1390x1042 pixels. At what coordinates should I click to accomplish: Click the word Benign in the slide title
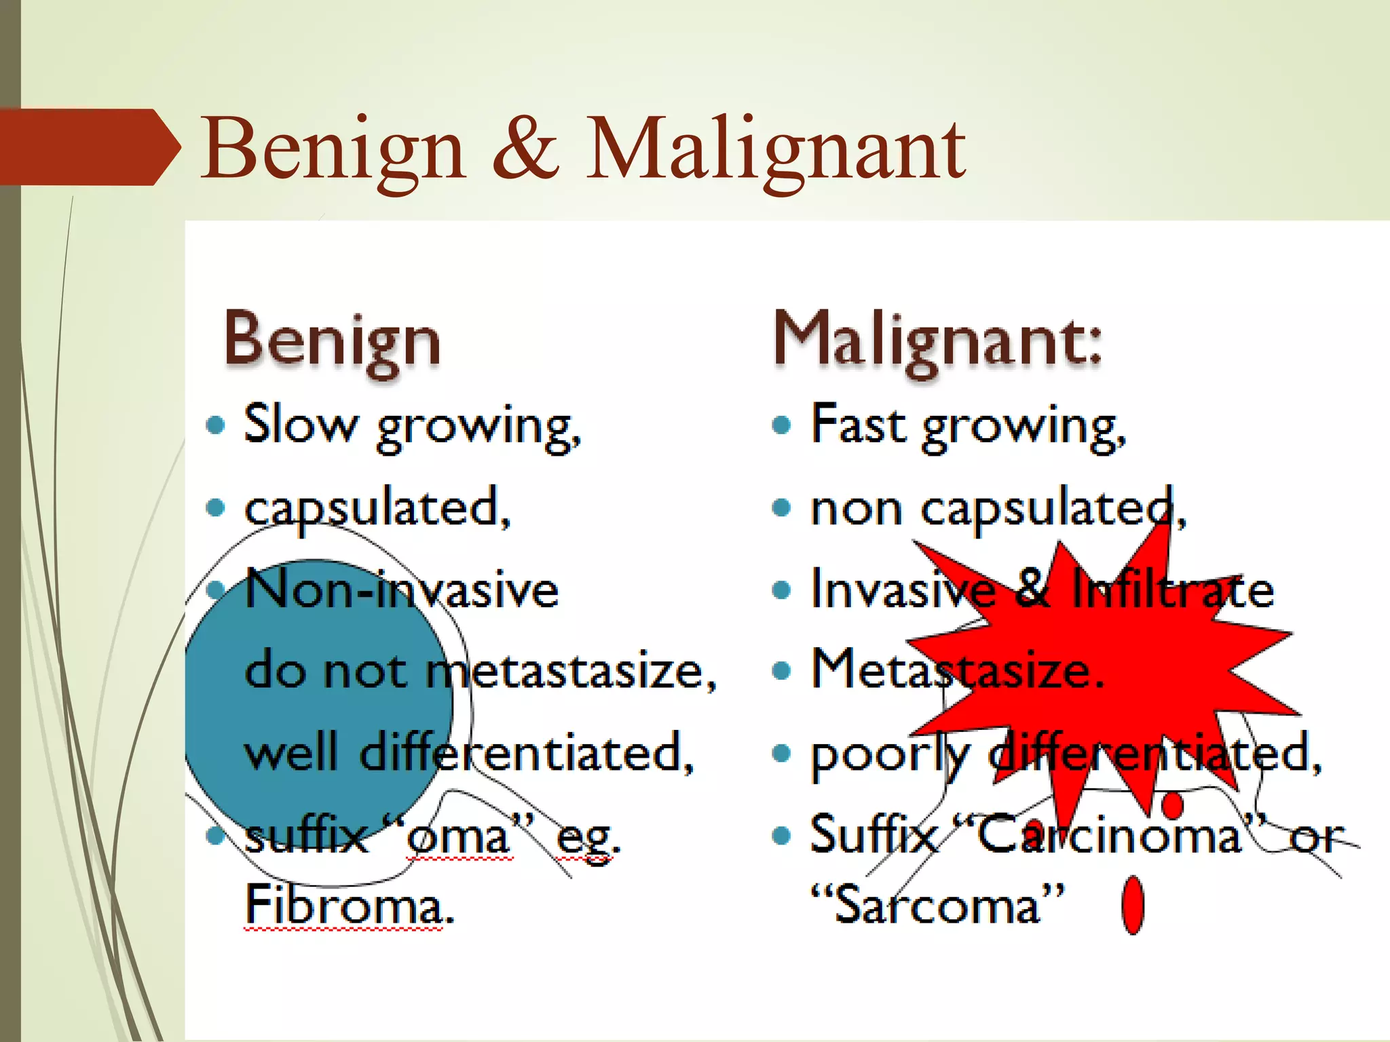click(333, 149)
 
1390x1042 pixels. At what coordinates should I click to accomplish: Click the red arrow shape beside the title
click(88, 147)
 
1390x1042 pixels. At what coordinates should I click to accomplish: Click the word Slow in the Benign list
click(300, 425)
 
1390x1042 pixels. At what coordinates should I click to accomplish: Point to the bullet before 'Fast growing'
click(782, 425)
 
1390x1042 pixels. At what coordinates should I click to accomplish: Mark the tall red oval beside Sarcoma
click(1133, 906)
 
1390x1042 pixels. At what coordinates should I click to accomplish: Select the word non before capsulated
click(857, 509)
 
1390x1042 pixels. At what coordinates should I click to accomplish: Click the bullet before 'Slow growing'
click(215, 425)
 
